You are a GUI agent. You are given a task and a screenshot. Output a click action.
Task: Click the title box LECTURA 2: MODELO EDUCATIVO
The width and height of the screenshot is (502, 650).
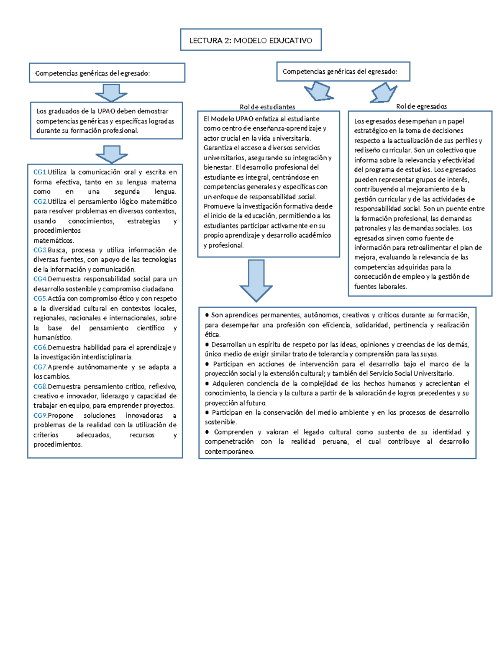click(251, 40)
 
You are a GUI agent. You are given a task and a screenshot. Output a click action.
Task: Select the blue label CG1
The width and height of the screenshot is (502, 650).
click(40, 172)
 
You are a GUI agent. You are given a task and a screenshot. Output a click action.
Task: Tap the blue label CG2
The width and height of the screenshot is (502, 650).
click(40, 201)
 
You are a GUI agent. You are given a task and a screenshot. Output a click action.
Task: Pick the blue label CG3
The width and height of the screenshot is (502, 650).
click(40, 250)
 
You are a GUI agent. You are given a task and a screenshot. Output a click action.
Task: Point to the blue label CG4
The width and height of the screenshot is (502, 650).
click(40, 279)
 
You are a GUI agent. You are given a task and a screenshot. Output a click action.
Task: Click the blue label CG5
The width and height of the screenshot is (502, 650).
click(40, 298)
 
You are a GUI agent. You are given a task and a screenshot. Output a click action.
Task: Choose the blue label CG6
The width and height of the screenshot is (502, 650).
click(40, 347)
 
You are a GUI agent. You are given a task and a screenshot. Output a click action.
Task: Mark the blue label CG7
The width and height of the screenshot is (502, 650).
click(40, 367)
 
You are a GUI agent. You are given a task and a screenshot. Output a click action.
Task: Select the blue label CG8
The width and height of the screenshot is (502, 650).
click(40, 386)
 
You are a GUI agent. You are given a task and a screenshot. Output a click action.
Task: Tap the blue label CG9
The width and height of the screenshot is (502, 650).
click(40, 416)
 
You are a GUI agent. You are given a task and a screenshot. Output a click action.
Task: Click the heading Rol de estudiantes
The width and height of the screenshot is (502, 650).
click(267, 107)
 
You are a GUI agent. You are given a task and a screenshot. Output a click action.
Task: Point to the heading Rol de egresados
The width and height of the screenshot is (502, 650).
click(421, 106)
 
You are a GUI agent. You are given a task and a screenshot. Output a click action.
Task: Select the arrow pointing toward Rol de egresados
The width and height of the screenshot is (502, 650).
click(383, 92)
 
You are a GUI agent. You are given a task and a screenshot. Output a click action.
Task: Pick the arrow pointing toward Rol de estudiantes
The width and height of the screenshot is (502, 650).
click(319, 91)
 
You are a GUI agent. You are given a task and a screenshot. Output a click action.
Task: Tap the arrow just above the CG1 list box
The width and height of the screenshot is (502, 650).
click(111, 154)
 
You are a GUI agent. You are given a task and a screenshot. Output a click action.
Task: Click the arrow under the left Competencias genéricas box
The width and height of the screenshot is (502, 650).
click(111, 92)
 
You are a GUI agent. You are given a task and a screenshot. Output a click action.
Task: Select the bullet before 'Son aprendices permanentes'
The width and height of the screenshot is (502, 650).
click(207, 315)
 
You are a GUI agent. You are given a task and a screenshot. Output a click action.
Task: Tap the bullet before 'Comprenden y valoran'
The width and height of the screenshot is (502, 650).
click(207, 432)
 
